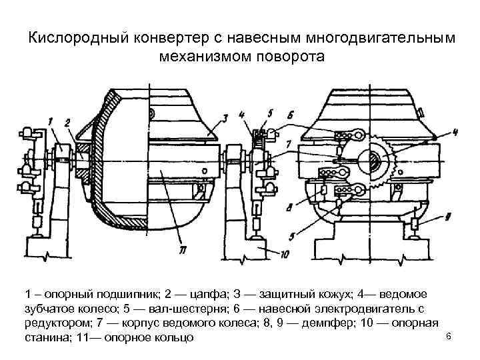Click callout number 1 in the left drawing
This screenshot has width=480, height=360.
(x=51, y=120)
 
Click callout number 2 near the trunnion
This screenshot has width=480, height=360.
(x=67, y=121)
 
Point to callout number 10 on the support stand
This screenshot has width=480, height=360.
(x=286, y=253)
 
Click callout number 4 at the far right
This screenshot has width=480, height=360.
(x=455, y=133)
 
